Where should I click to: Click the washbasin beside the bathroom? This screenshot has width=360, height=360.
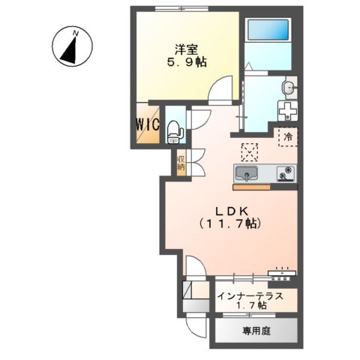pyautogui.click(x=287, y=89)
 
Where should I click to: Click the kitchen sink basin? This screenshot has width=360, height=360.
pyautogui.click(x=245, y=175)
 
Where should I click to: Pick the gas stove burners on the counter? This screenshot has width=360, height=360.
pyautogui.click(x=285, y=173)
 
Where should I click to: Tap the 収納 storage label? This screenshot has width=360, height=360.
pyautogui.click(x=181, y=164)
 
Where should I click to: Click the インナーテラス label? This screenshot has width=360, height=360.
pyautogui.click(x=250, y=295)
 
